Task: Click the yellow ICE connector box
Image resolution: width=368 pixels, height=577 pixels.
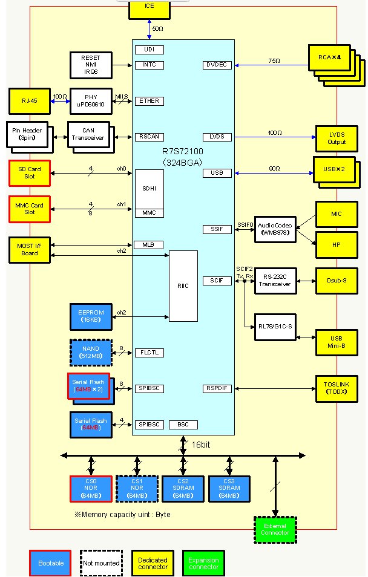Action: [x=149, y=7]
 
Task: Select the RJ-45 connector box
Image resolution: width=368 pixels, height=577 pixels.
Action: [x=28, y=101]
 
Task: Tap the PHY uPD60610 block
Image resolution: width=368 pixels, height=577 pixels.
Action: [x=91, y=101]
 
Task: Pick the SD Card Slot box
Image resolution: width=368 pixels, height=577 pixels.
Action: [x=30, y=172]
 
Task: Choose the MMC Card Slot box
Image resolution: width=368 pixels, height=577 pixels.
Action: [x=30, y=208]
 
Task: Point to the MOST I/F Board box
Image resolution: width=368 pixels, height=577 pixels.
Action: [x=30, y=250]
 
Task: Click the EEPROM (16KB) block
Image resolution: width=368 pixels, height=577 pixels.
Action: [x=91, y=316]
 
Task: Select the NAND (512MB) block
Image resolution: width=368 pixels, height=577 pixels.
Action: [x=91, y=352]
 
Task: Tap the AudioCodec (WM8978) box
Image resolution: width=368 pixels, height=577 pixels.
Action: [x=275, y=229]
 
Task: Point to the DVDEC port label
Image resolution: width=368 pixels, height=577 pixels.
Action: [x=217, y=65]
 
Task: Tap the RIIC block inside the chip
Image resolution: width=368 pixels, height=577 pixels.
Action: [x=183, y=286]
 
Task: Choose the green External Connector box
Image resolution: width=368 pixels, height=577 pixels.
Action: [x=275, y=530]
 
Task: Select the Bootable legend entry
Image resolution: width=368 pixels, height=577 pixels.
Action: [x=50, y=563]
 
